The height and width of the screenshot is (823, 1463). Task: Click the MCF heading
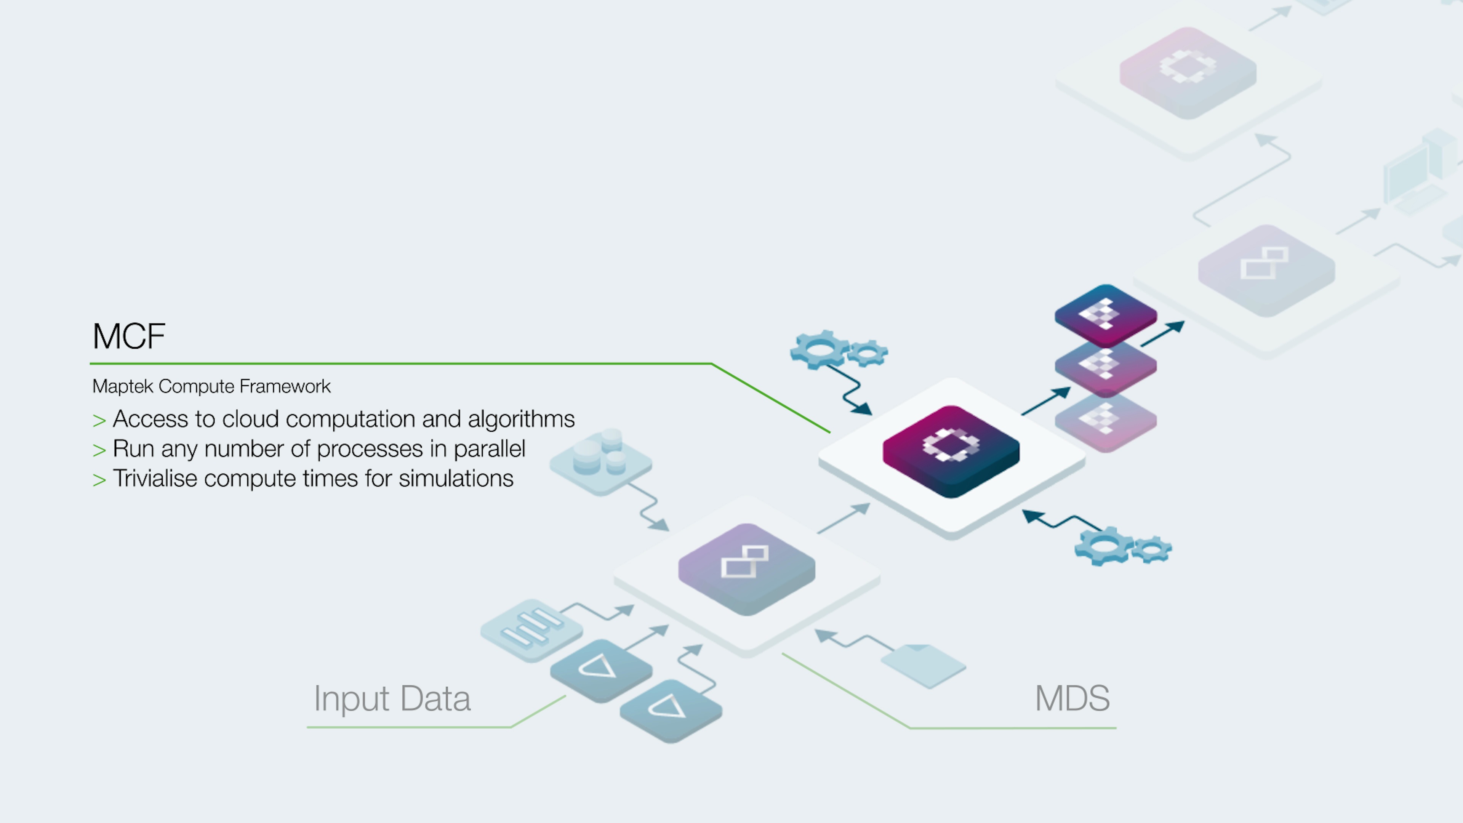pyautogui.click(x=129, y=336)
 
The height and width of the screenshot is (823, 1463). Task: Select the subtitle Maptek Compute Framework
pyautogui.click(x=211, y=386)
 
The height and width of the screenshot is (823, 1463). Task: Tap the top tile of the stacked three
pyautogui.click(x=1105, y=314)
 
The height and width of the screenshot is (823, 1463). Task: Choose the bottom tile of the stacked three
pyautogui.click(x=1105, y=421)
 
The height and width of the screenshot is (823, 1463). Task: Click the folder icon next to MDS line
pyautogui.click(x=923, y=664)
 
